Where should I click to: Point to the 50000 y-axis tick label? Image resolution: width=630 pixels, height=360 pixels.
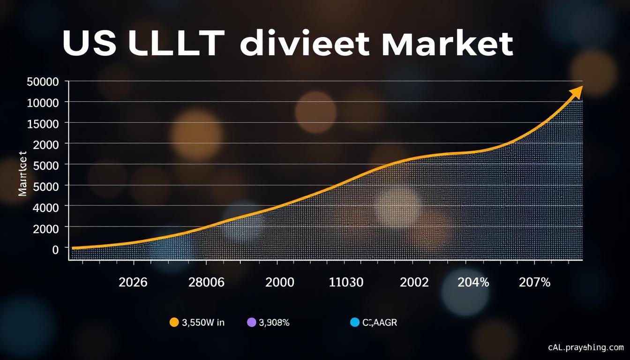point(43,82)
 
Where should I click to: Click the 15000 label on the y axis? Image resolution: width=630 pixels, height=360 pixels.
point(43,124)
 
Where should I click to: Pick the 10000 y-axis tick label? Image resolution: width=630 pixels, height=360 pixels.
point(43,103)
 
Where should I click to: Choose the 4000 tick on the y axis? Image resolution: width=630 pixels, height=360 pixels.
point(46,207)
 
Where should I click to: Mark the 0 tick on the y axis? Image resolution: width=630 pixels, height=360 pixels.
point(55,249)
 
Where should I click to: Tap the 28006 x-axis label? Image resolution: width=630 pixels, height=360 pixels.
point(206,283)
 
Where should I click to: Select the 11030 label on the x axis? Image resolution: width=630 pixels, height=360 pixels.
point(346,283)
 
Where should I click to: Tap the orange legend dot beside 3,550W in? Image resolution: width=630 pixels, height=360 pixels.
point(174,322)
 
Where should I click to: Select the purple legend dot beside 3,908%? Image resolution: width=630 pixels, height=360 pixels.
point(251,322)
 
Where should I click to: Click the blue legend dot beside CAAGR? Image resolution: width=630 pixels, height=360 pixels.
point(355,322)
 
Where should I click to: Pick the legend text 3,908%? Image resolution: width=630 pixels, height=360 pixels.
point(274,322)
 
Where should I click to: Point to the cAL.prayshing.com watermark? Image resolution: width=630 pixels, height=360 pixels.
point(586,347)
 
